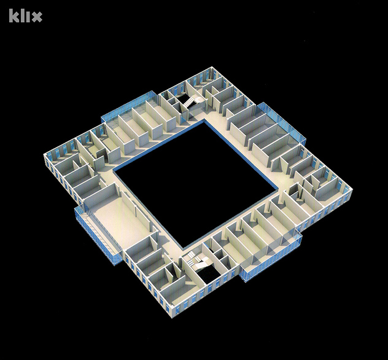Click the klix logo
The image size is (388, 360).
click(x=26, y=15)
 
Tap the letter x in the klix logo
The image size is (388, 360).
click(x=37, y=17)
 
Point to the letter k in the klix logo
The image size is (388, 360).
click(x=14, y=15)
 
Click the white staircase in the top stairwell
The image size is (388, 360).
click(x=192, y=102)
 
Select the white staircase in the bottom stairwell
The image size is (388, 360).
click(x=197, y=262)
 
